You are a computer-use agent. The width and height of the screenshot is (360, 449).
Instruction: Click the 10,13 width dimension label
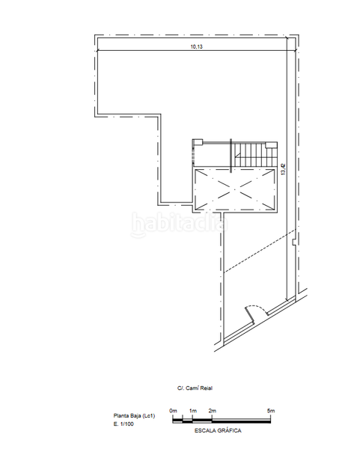(196, 46)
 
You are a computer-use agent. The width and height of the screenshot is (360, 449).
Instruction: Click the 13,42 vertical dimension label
(283, 171)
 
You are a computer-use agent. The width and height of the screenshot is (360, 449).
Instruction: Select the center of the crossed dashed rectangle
(234, 190)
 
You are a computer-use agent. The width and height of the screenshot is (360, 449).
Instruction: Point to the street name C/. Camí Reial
(195, 388)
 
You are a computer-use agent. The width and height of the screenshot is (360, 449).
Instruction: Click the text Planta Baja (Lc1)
(134, 415)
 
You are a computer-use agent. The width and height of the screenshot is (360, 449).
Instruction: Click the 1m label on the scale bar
(192, 411)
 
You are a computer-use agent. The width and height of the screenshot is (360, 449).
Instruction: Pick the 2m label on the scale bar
(212, 411)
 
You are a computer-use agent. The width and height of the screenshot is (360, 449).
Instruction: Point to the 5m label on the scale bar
(271, 411)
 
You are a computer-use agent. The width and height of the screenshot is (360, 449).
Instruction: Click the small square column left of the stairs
(197, 142)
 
